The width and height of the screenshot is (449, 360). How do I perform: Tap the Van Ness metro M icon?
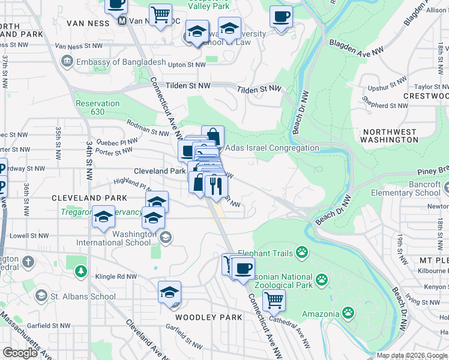click(x=122, y=21)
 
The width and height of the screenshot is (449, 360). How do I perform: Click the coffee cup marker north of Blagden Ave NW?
click(x=280, y=17)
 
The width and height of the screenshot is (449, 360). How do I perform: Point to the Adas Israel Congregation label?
click(x=271, y=148)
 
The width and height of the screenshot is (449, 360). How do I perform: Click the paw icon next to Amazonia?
click(x=348, y=313)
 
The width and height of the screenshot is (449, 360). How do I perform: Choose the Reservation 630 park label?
click(x=97, y=107)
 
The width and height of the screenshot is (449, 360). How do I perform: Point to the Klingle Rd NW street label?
click(x=116, y=277)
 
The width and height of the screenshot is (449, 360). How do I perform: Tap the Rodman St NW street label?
click(x=147, y=128)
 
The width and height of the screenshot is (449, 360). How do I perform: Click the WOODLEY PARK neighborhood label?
click(x=208, y=317)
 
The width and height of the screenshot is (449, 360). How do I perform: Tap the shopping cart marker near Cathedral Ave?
click(x=274, y=299)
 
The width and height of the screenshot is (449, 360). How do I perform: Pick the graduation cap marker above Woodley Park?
click(x=170, y=292)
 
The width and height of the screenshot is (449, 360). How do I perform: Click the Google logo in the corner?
click(x=20, y=353)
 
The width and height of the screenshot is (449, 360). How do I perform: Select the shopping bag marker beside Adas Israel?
click(x=212, y=136)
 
